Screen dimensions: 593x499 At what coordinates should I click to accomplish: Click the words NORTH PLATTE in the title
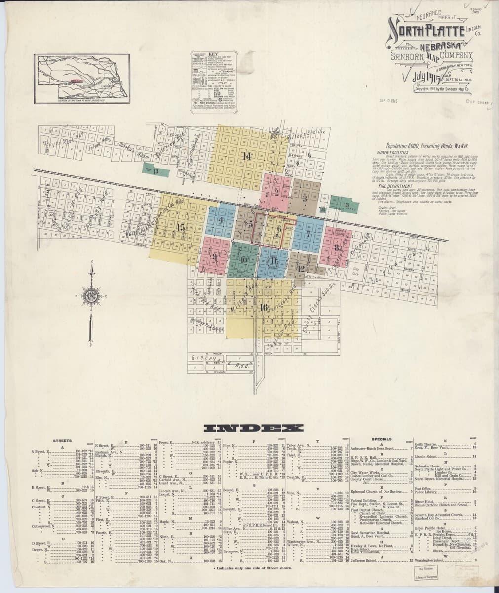click(x=425, y=32)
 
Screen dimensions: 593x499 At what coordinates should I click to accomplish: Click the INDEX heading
click(x=249, y=428)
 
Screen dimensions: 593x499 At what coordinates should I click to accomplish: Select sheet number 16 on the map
click(x=263, y=307)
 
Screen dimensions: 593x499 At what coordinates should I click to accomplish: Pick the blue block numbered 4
click(x=221, y=221)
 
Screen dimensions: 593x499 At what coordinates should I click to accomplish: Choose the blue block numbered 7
click(x=307, y=235)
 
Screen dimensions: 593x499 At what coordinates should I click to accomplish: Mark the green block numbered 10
click(x=244, y=259)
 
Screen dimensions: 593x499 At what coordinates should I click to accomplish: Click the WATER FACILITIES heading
click(x=390, y=153)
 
